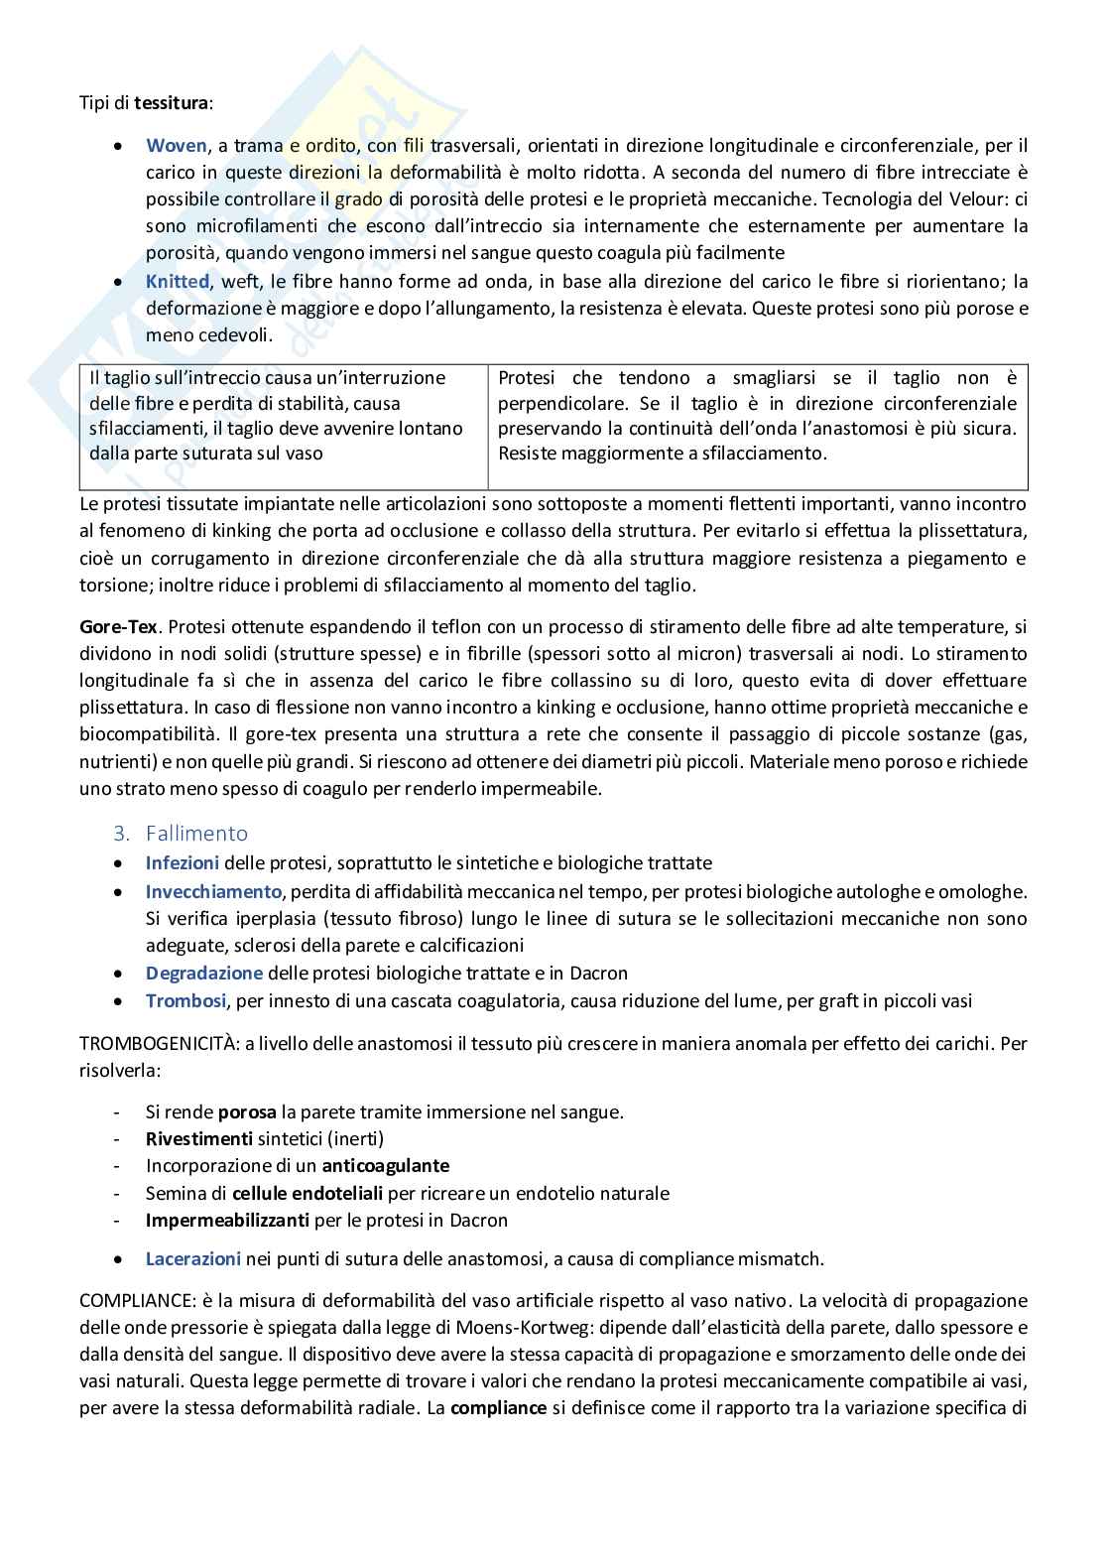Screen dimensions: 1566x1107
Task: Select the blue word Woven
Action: (x=177, y=146)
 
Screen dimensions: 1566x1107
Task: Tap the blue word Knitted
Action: (x=178, y=282)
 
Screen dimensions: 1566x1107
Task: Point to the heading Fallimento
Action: (x=196, y=834)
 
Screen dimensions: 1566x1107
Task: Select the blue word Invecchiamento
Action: (x=213, y=891)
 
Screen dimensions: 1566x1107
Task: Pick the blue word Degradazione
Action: (x=204, y=974)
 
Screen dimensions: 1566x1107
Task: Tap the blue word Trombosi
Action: (x=185, y=1000)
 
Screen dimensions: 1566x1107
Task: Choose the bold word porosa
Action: (x=247, y=1111)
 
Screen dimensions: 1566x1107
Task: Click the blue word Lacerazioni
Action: (x=193, y=1259)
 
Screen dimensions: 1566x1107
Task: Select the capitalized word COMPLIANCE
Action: (x=133, y=1301)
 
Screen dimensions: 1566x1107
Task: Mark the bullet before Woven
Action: (x=119, y=146)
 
